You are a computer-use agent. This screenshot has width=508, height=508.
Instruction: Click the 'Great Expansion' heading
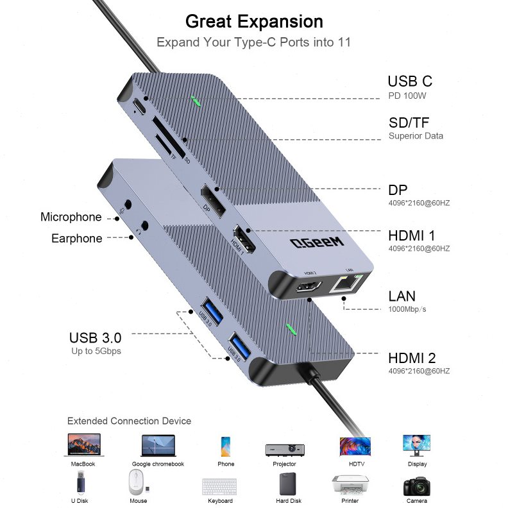(254, 21)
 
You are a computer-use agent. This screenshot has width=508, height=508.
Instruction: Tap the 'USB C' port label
(409, 81)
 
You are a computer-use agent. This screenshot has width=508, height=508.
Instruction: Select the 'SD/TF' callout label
(409, 122)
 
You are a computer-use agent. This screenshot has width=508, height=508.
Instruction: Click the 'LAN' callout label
(402, 296)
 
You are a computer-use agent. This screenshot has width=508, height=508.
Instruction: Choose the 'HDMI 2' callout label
(411, 358)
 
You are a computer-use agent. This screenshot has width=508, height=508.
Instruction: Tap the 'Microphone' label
(71, 217)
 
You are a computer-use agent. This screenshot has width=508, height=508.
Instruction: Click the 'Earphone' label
(76, 239)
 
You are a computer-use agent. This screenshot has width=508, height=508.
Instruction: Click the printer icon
(350, 485)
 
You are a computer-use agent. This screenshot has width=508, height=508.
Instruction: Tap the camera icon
(416, 486)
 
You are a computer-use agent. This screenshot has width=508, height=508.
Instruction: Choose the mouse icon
(137, 483)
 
